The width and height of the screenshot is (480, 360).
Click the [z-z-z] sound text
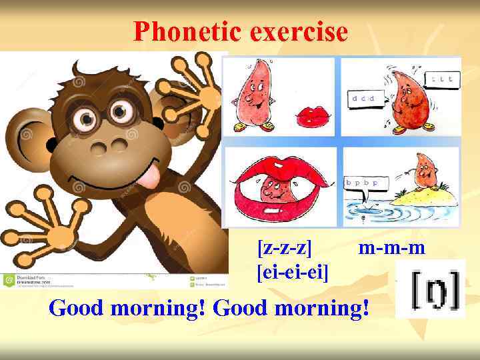[x=285, y=249]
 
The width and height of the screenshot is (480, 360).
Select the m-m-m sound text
[x=391, y=249]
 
